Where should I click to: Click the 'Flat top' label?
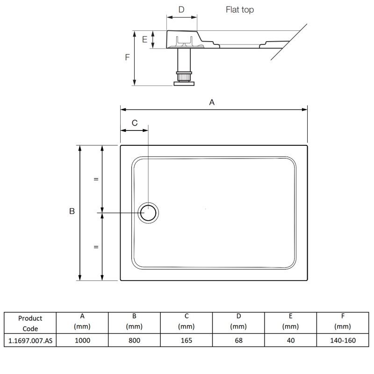tap(239, 9)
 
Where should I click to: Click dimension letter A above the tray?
tap(211, 102)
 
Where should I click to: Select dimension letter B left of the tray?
tap(72, 212)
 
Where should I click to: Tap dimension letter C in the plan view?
tap(134, 123)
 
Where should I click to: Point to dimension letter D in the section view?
tap(181, 9)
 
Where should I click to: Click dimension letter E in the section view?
tap(145, 40)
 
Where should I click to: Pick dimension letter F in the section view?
tap(127, 58)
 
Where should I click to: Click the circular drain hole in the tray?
tap(149, 213)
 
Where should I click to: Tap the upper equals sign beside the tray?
tap(96, 179)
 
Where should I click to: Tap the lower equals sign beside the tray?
tap(96, 247)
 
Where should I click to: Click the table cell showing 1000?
tap(82, 341)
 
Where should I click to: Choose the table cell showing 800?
tap(134, 341)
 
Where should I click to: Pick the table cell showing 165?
tap(186, 341)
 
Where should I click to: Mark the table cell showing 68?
tap(238, 341)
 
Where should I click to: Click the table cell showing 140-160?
tap(343, 341)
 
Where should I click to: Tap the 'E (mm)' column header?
tap(290, 322)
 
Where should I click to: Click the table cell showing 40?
tap(290, 341)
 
